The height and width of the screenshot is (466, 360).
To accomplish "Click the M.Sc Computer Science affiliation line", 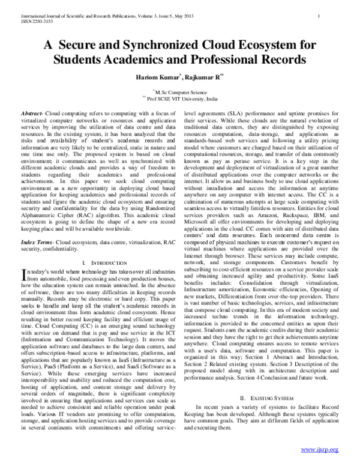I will click(x=181, y=92).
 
